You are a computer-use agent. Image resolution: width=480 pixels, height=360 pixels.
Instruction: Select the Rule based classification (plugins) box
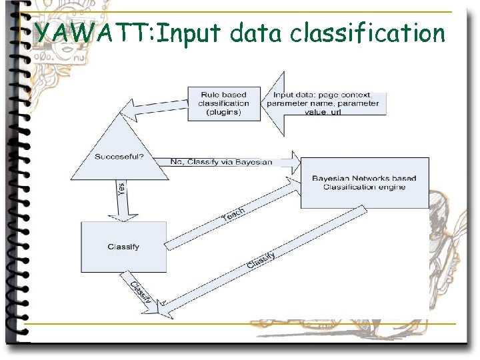tap(225, 104)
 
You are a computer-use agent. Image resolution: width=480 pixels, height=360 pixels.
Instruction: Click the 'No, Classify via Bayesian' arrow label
tap(221, 162)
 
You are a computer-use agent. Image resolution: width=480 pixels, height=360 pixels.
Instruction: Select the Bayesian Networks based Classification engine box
tap(364, 183)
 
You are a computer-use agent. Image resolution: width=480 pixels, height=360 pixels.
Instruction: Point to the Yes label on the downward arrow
tap(121, 190)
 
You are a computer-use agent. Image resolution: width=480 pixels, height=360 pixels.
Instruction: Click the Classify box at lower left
tap(123, 247)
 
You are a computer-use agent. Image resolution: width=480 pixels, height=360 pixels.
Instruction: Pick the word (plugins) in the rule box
tap(225, 112)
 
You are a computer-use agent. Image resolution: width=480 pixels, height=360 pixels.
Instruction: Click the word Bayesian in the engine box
tap(331, 178)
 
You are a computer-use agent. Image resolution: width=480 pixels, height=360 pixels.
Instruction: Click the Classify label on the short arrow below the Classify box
tap(141, 293)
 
